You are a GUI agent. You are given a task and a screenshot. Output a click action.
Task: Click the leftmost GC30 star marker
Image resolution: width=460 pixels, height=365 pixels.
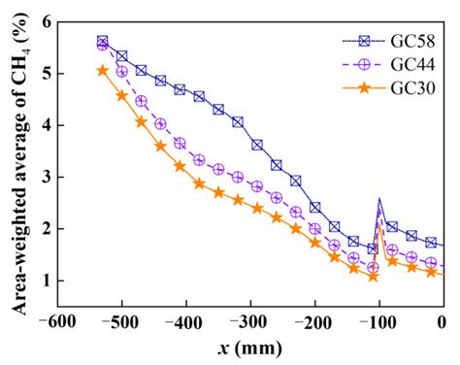pyautogui.click(x=103, y=70)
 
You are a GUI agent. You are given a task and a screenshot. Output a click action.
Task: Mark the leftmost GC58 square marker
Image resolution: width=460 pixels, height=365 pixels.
pyautogui.click(x=103, y=42)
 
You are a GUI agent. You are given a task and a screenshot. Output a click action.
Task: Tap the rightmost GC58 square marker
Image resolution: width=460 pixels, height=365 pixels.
pyautogui.click(x=431, y=243)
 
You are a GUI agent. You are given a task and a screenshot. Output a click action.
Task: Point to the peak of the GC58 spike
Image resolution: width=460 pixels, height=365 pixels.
pyautogui.click(x=379, y=200)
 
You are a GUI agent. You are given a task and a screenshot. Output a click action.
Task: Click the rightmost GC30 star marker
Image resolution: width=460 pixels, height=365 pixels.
pyautogui.click(x=431, y=272)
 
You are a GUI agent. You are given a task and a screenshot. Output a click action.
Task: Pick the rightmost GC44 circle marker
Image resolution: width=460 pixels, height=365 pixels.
pyautogui.click(x=431, y=263)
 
